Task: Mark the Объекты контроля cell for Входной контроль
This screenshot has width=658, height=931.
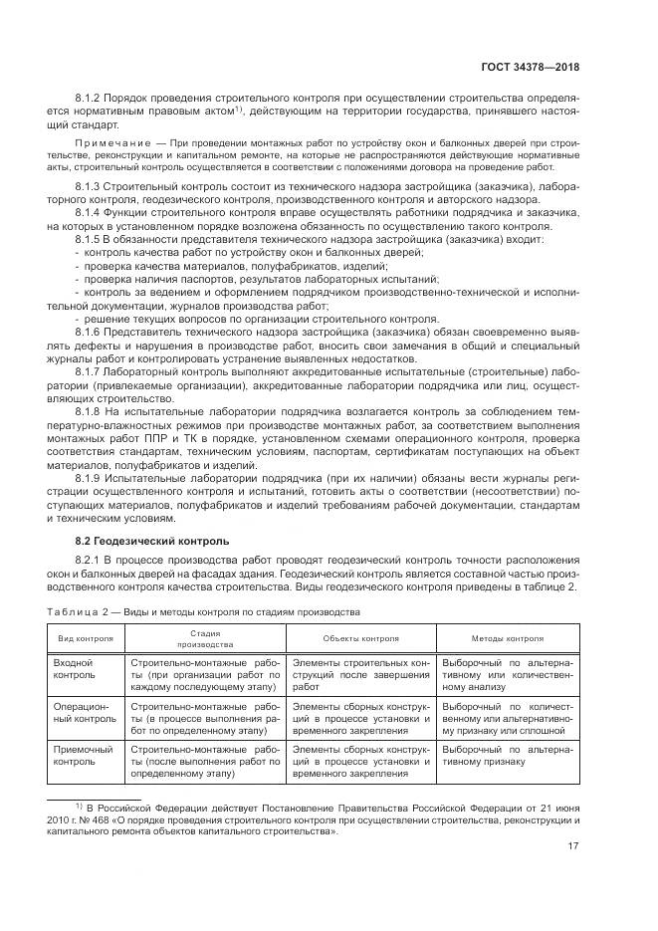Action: (359, 674)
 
